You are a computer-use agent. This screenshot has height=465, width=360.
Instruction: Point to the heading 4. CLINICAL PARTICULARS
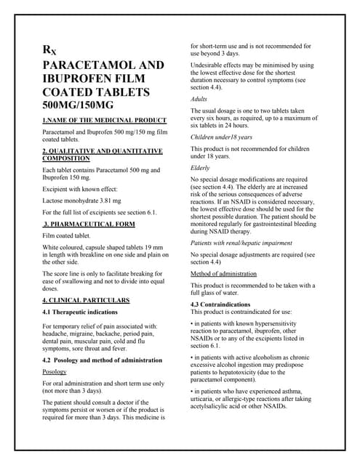86,299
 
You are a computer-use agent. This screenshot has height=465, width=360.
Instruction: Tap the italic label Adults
199,98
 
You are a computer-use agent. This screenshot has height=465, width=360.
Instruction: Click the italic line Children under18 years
221,137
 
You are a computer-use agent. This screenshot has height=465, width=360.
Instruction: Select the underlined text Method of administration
223,274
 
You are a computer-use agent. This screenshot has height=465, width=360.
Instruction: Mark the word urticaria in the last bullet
204,400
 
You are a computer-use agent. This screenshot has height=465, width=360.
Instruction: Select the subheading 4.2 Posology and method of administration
100,360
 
